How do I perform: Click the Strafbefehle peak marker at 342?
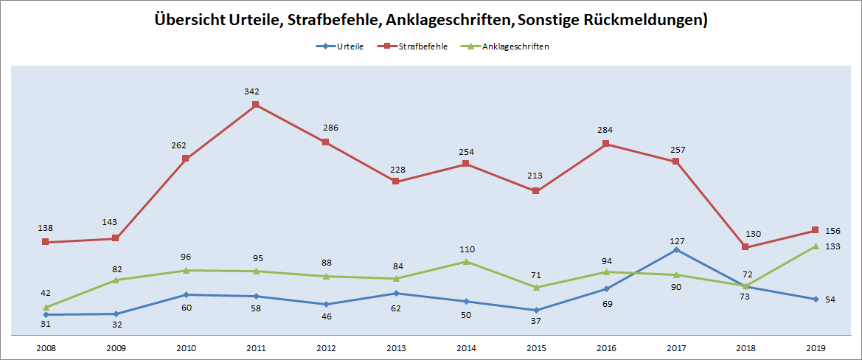[x=255, y=105]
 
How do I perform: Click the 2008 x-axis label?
[x=46, y=347]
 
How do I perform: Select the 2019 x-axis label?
[x=816, y=347]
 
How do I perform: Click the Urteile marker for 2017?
[x=676, y=250]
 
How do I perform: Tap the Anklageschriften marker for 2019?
[x=816, y=246]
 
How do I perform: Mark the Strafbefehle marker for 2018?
[x=745, y=247]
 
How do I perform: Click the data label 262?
[x=186, y=145]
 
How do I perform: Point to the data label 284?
[x=606, y=131]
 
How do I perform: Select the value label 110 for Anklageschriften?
[x=466, y=249]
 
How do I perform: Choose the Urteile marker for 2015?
[x=536, y=310]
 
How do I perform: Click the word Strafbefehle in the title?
[x=328, y=20]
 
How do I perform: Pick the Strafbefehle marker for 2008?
[x=46, y=242]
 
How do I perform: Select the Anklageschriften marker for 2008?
[x=46, y=307]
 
